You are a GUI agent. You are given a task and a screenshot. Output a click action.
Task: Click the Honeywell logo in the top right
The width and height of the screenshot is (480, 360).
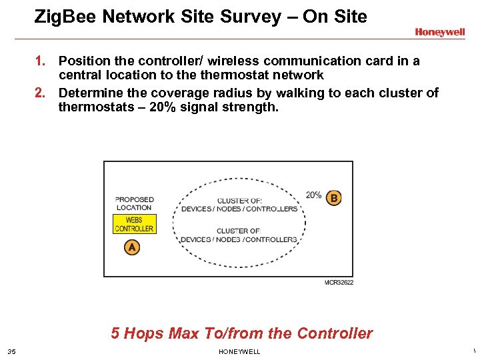pyautogui.click(x=439, y=32)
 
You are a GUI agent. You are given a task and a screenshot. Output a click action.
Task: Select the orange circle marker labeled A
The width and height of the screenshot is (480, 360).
pyautogui.click(x=132, y=247)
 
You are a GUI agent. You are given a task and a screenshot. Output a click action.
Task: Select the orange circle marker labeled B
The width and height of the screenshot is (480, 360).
pyautogui.click(x=333, y=198)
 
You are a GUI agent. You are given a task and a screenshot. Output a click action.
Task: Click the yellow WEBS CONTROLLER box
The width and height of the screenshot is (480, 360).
pyautogui.click(x=134, y=224)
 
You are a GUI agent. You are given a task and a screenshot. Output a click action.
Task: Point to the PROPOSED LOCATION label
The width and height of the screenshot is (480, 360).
pyautogui.click(x=134, y=203)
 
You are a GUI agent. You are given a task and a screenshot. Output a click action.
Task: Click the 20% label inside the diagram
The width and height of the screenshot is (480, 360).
pyautogui.click(x=313, y=195)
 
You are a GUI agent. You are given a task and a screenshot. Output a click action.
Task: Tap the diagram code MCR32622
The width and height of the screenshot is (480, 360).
pyautogui.click(x=339, y=283)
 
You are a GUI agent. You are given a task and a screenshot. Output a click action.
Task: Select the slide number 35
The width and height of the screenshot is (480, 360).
pyautogui.click(x=11, y=352)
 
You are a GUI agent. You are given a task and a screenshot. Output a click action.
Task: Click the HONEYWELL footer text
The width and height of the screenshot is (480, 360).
pyautogui.click(x=239, y=352)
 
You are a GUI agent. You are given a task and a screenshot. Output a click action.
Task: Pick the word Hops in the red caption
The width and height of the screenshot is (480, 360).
pyautogui.click(x=145, y=333)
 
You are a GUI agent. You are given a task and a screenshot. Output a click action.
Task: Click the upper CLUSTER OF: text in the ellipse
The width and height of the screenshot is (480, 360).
pyautogui.click(x=239, y=201)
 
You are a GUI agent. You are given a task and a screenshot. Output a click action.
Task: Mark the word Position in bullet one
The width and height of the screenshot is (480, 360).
pyautogui.click(x=83, y=61)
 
